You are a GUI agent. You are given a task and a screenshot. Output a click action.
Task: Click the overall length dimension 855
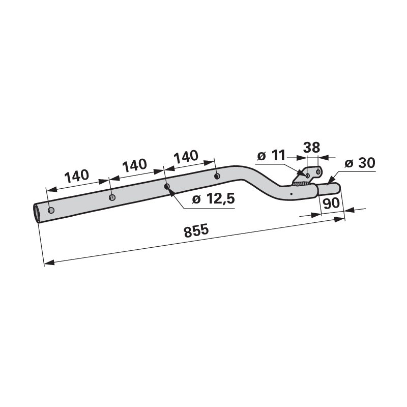pyautogui.click(x=196, y=231)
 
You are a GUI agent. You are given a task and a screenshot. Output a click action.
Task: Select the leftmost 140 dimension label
pyautogui.click(x=77, y=176)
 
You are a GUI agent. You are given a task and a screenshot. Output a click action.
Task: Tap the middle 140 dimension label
pyautogui.click(x=134, y=165)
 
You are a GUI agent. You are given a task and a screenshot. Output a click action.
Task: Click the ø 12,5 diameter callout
pyautogui.click(x=213, y=199)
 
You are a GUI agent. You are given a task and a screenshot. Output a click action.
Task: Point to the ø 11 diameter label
pyautogui.click(x=271, y=156)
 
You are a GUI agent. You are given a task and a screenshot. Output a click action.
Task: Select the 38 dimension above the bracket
pyautogui.click(x=311, y=148)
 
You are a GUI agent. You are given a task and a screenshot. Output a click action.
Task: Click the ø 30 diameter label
pyautogui.click(x=360, y=163)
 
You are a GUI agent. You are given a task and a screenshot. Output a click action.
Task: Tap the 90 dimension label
pyautogui.click(x=332, y=203)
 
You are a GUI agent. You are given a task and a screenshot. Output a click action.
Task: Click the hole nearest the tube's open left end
pyautogui.click(x=51, y=210)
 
